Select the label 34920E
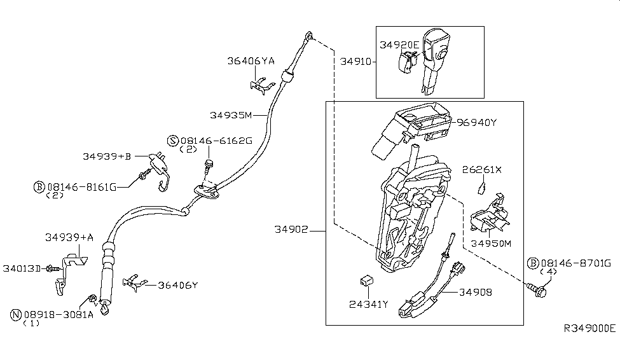pos(399,45)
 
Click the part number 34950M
pos(492,243)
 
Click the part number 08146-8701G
pos(575,262)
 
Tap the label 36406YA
pos(251,61)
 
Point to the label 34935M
pos(231,115)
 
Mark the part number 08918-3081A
pos(59,314)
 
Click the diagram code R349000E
pos(589,328)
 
